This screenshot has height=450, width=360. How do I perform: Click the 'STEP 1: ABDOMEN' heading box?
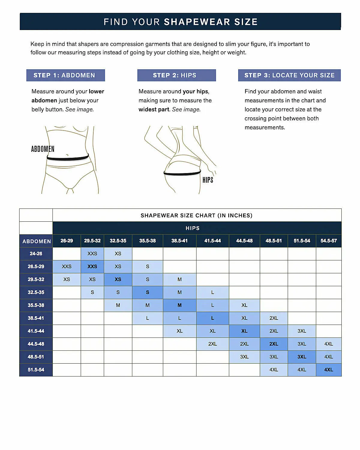tap(65, 75)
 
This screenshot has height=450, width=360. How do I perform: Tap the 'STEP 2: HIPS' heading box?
tap(176, 75)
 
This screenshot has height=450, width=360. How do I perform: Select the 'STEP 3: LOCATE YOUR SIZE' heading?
tap(289, 75)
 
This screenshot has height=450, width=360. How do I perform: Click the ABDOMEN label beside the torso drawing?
tap(43, 149)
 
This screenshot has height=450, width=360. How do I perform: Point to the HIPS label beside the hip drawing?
tap(208, 180)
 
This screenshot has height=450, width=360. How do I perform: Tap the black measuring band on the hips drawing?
tap(182, 173)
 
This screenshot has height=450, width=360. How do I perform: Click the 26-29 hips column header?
tap(67, 241)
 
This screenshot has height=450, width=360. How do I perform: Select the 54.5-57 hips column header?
tap(328, 241)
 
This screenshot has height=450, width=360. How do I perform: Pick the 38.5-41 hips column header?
tap(179, 241)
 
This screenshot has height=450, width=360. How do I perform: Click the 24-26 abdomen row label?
tap(36, 253)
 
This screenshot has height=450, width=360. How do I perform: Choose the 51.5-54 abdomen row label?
tap(36, 370)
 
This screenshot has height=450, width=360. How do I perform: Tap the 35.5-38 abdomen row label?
tap(36, 305)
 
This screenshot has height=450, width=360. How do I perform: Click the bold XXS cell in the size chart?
tap(92, 266)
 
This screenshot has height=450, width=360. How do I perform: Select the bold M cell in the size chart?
tap(179, 305)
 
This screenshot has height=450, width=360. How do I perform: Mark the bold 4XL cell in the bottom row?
tap(328, 370)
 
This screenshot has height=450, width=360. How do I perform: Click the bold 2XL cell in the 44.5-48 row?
tap(274, 344)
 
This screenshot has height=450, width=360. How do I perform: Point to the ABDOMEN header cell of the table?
tap(36, 241)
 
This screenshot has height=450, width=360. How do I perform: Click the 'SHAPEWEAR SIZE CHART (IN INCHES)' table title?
tap(196, 215)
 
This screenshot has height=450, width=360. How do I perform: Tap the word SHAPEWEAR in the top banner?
tap(197, 22)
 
